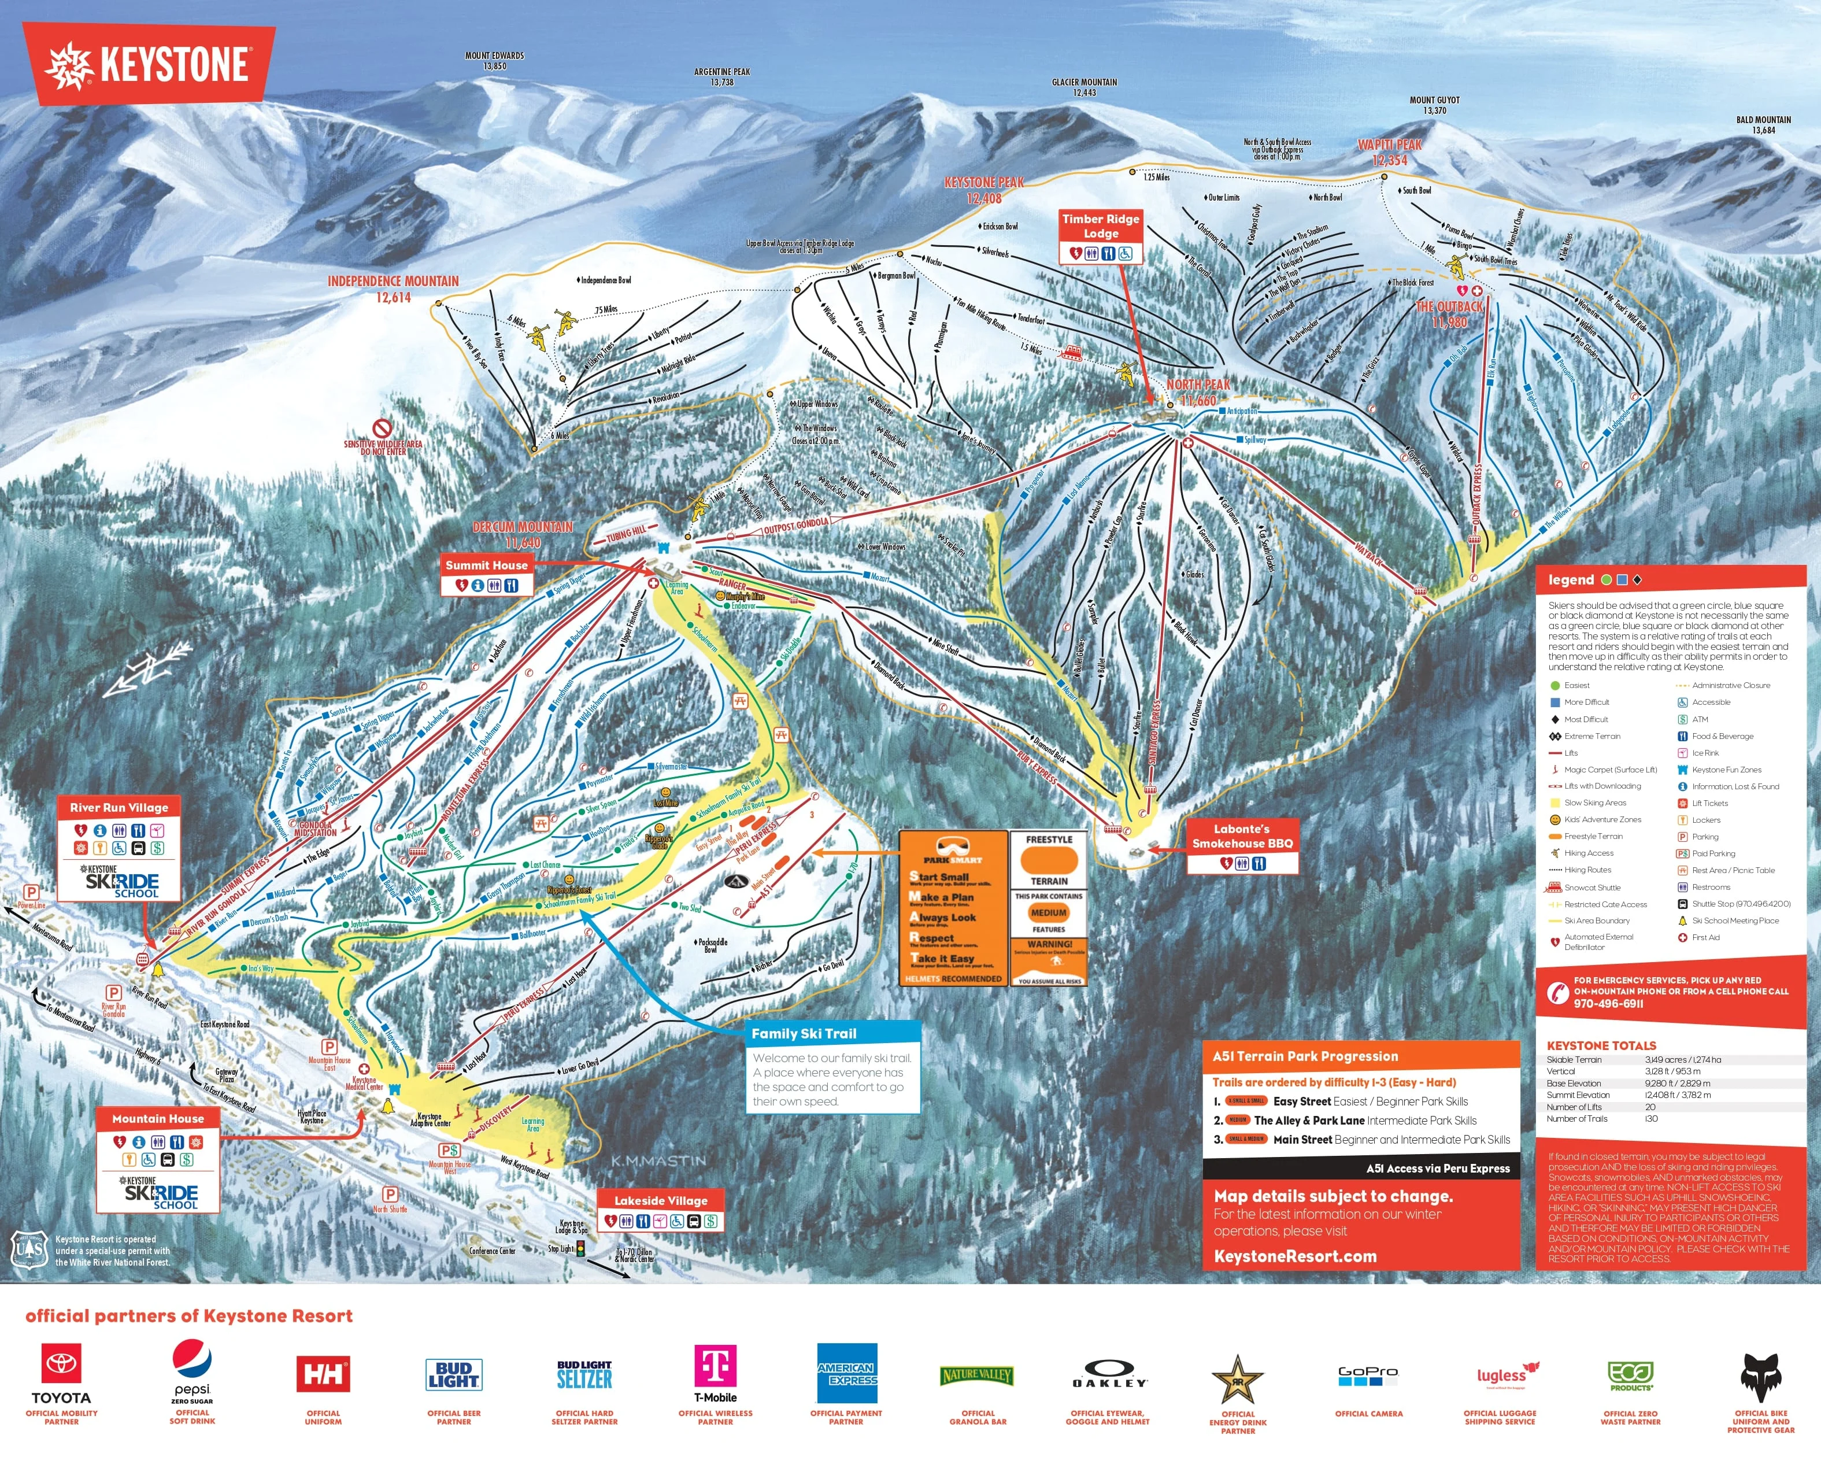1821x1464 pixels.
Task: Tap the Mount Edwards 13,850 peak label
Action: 494,61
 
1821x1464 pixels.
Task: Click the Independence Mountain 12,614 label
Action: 394,288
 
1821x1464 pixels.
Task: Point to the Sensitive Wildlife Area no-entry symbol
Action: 382,428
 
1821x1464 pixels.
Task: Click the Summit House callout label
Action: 487,565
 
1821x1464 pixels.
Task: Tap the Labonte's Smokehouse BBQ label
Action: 1242,835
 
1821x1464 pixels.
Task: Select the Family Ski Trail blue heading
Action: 804,1033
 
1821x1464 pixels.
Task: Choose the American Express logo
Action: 846,1373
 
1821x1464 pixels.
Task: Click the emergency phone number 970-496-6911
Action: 1608,1004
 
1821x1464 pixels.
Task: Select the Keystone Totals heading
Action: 1601,1045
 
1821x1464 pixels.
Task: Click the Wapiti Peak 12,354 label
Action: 1389,152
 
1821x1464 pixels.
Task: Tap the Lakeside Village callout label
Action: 661,1200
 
